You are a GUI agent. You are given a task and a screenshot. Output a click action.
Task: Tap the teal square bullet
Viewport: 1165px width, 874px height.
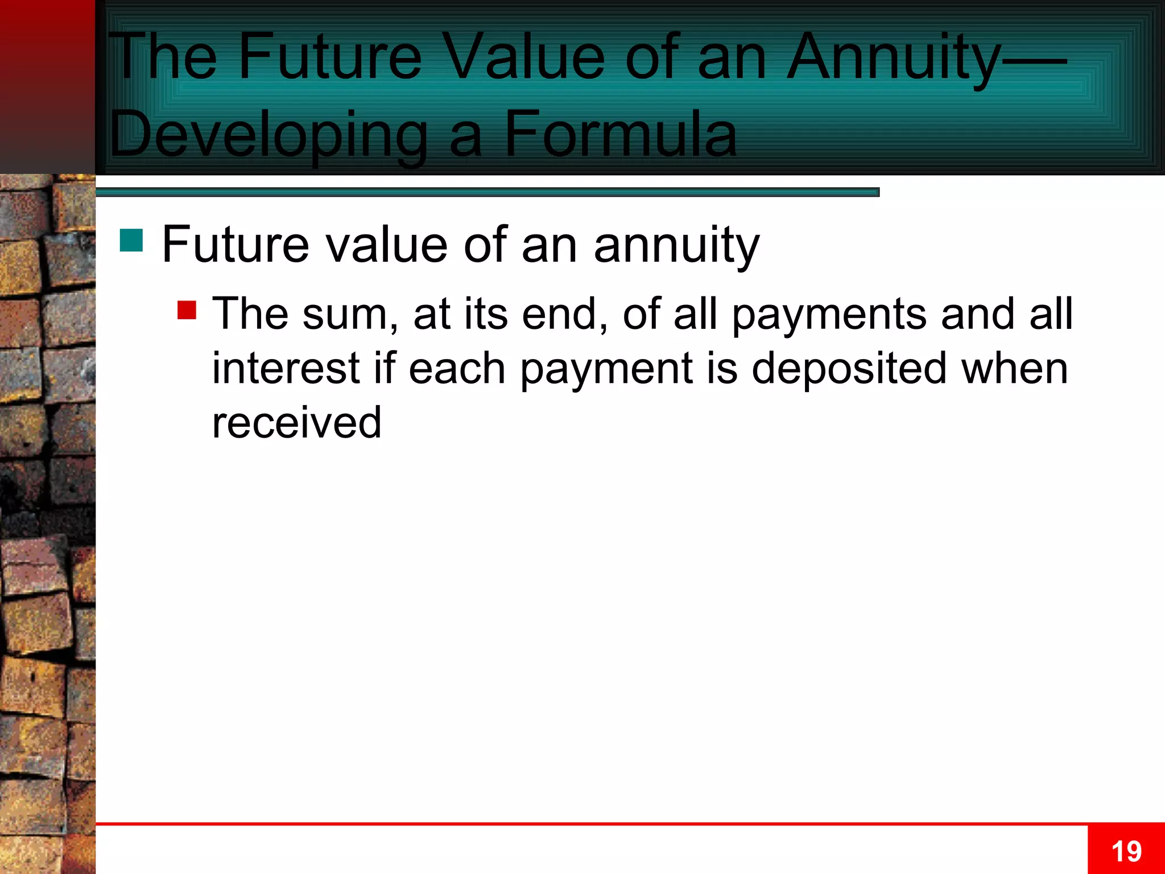(x=131, y=240)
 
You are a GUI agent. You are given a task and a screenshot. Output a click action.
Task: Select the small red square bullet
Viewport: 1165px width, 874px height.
(x=187, y=310)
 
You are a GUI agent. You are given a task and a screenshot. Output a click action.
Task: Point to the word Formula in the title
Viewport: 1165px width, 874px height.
(x=621, y=135)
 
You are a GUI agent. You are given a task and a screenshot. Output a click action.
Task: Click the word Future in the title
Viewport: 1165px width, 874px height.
(x=330, y=57)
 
